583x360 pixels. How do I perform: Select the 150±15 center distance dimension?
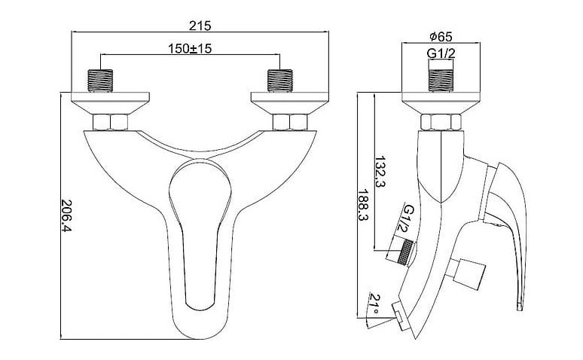click(188, 50)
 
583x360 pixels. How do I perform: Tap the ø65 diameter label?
click(440, 36)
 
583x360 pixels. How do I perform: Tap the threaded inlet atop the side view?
click(441, 79)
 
